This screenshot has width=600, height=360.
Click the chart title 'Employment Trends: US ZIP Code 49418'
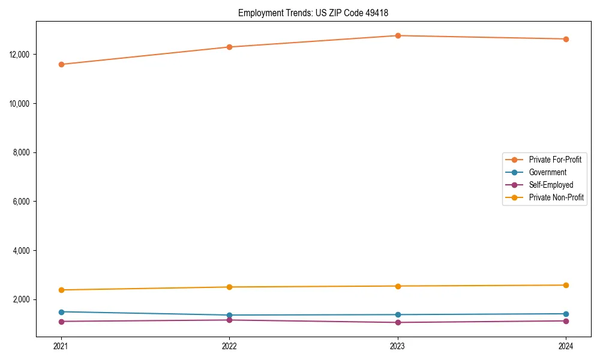tap(317, 13)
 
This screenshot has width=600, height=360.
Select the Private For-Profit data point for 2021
tap(61, 64)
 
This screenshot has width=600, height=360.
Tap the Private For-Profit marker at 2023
tap(398, 35)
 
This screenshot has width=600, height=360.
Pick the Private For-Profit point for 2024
tap(566, 39)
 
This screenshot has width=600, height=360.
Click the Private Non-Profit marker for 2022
tap(229, 287)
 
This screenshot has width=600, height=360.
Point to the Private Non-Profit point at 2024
tap(566, 285)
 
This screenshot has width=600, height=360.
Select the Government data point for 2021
tap(61, 312)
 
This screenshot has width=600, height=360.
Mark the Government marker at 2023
tap(398, 314)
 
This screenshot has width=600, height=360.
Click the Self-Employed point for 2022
tap(229, 320)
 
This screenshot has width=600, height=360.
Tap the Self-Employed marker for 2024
tap(566, 321)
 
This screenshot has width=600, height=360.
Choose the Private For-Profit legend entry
tap(554, 160)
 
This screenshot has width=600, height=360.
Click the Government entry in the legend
tap(547, 172)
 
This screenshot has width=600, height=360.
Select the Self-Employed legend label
tap(551, 185)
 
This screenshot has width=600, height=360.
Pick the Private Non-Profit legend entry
tap(556, 197)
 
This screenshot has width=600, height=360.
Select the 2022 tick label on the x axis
tap(229, 346)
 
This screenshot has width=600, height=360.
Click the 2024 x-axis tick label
tap(566, 346)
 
